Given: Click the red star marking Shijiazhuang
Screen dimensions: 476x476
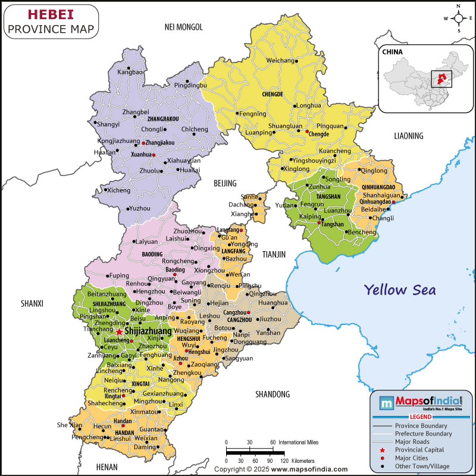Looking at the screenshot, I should coord(119,331).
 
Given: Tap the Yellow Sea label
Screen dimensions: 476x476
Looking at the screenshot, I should coord(400,290).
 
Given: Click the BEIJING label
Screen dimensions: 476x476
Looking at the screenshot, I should coord(225,183).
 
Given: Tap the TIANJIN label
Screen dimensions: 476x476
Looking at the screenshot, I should coord(274,254).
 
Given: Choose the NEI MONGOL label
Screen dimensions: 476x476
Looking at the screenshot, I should coord(184,27).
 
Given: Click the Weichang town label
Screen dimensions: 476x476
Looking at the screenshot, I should coord(280,61).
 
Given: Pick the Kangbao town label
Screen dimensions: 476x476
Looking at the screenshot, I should coord(130,72).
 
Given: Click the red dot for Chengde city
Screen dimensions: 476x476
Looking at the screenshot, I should coord(307,131).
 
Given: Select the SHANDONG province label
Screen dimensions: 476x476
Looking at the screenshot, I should coord(272,394).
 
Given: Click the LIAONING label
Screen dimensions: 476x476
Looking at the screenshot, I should coord(409,136).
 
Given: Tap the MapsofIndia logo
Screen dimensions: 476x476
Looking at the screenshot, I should coord(421,403).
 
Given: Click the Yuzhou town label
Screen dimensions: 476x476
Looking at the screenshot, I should coord(139,208).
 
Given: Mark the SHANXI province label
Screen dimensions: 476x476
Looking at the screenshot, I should coord(32,304).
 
